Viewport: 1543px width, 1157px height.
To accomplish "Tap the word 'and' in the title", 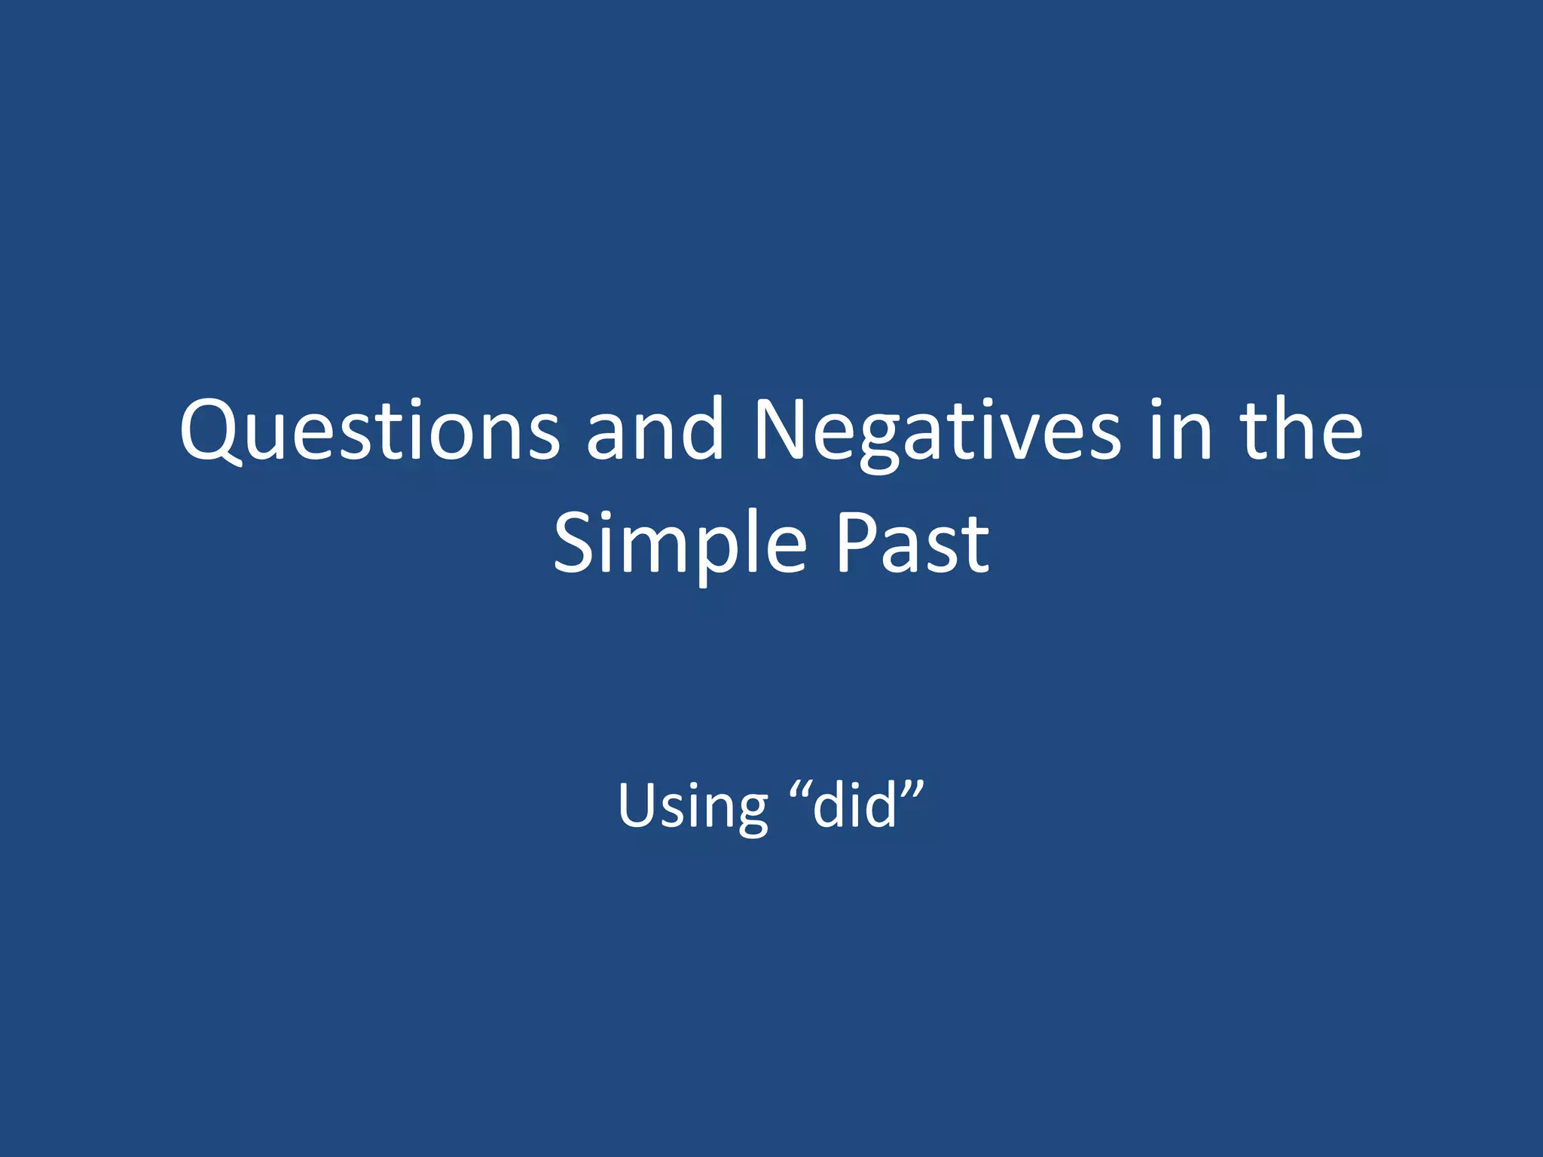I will coord(655,431).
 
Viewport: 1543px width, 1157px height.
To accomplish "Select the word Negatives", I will coord(937,431).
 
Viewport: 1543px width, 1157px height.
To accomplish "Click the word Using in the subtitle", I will coord(692,806).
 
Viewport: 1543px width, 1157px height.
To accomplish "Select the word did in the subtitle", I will coord(855,806).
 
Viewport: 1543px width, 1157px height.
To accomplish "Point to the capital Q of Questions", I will coord(212,431).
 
